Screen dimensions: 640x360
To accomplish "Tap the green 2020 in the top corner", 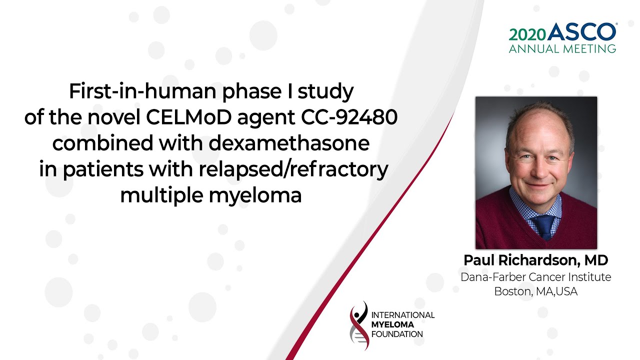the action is point(527,35).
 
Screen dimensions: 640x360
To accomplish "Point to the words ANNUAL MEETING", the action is point(562,49).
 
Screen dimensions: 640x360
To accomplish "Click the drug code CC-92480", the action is point(349,117).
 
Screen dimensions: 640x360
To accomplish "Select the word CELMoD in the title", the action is point(188,117).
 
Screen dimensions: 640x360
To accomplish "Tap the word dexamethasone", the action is point(289,143).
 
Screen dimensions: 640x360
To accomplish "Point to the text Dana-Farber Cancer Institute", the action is point(535,277).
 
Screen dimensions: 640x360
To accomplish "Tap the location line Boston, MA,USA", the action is point(535,291).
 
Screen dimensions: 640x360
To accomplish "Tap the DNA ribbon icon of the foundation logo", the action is point(359,325).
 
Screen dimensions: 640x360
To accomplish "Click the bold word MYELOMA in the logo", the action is point(392,324).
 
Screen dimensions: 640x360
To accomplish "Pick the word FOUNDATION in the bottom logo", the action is point(397,334).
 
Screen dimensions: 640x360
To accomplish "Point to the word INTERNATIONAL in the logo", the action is point(403,315).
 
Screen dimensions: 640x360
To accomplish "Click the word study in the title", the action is point(325,92).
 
